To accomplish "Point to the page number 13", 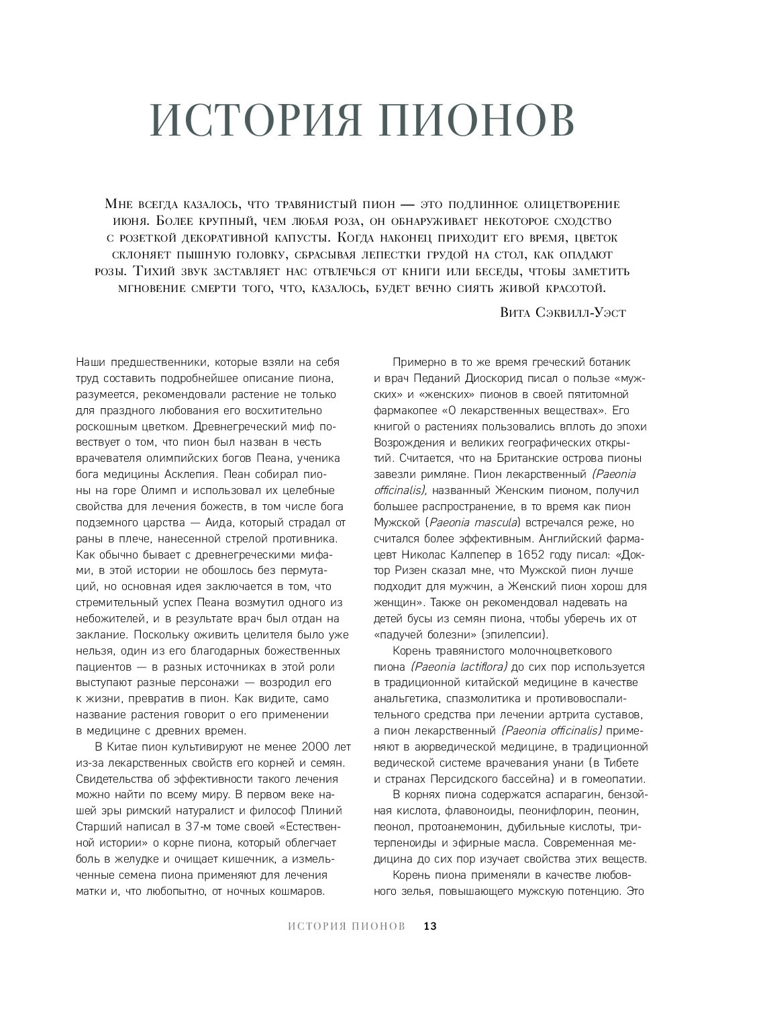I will click(x=430, y=926).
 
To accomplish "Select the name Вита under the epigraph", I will click(x=517, y=312).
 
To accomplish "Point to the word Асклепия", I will click(x=173, y=474).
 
